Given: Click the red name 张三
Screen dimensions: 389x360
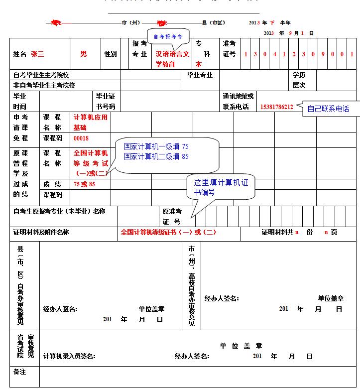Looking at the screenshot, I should (x=37, y=54).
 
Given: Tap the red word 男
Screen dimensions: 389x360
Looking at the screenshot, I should (x=83, y=54).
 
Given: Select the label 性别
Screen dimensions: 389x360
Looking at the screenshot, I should (x=111, y=54).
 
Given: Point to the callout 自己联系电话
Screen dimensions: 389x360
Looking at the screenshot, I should (x=328, y=109).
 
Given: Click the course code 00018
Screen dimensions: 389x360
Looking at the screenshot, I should (x=81, y=138).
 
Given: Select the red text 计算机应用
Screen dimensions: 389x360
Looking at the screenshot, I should (x=91, y=117).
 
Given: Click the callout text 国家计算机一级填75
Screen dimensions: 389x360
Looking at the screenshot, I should (x=156, y=146).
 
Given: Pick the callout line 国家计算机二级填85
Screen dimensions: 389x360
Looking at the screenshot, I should (x=156, y=156).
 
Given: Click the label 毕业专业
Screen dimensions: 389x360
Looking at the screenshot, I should (x=200, y=75).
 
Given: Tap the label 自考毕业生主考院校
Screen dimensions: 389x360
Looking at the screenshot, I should (x=41, y=75).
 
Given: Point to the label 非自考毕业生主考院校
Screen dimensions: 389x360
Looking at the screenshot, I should (x=44, y=85).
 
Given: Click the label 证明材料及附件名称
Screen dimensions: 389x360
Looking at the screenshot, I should (x=41, y=232).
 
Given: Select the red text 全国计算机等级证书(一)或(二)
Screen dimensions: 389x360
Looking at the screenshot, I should (x=168, y=232).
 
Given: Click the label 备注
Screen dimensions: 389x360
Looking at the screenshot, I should (x=20, y=372).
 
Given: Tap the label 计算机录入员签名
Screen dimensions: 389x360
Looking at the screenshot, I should (x=69, y=357).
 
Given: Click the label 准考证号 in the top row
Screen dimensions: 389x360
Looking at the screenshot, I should (x=230, y=49).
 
